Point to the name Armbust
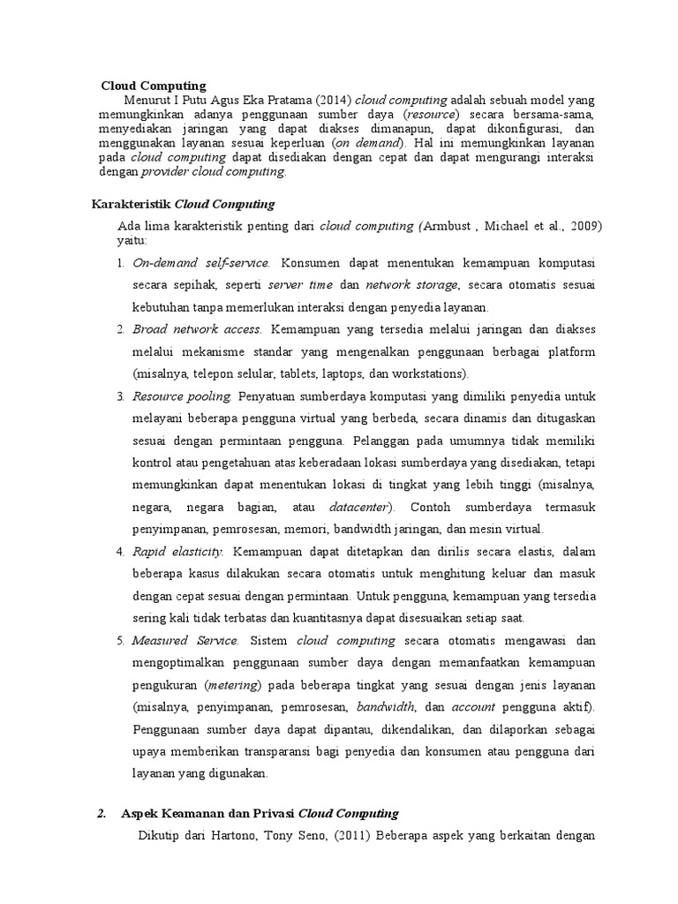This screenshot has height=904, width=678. tap(454, 226)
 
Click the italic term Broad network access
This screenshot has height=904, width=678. tap(196, 329)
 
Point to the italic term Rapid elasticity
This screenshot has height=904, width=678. tap(177, 552)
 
